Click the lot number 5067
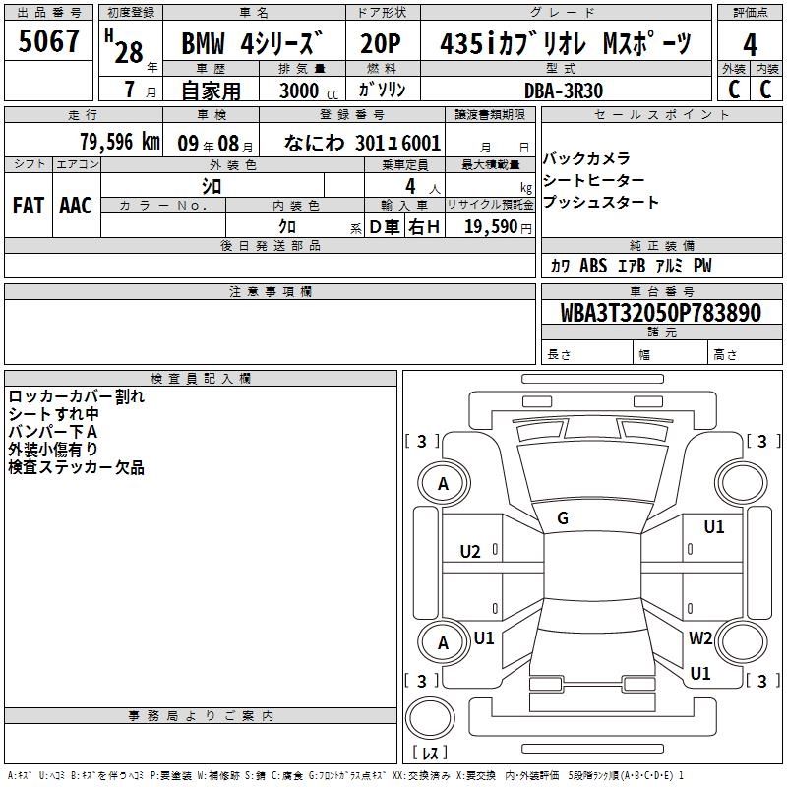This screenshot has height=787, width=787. [x=48, y=41]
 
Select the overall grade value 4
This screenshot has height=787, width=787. [x=750, y=45]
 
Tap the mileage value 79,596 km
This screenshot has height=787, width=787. [x=120, y=142]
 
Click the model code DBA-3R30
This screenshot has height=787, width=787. [x=564, y=91]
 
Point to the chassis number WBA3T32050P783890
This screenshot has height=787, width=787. [x=661, y=312]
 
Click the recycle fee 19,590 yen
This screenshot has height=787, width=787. [x=498, y=227]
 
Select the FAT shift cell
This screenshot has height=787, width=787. [x=29, y=206]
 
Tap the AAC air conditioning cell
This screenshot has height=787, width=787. [x=76, y=206]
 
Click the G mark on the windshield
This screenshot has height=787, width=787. [x=563, y=518]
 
